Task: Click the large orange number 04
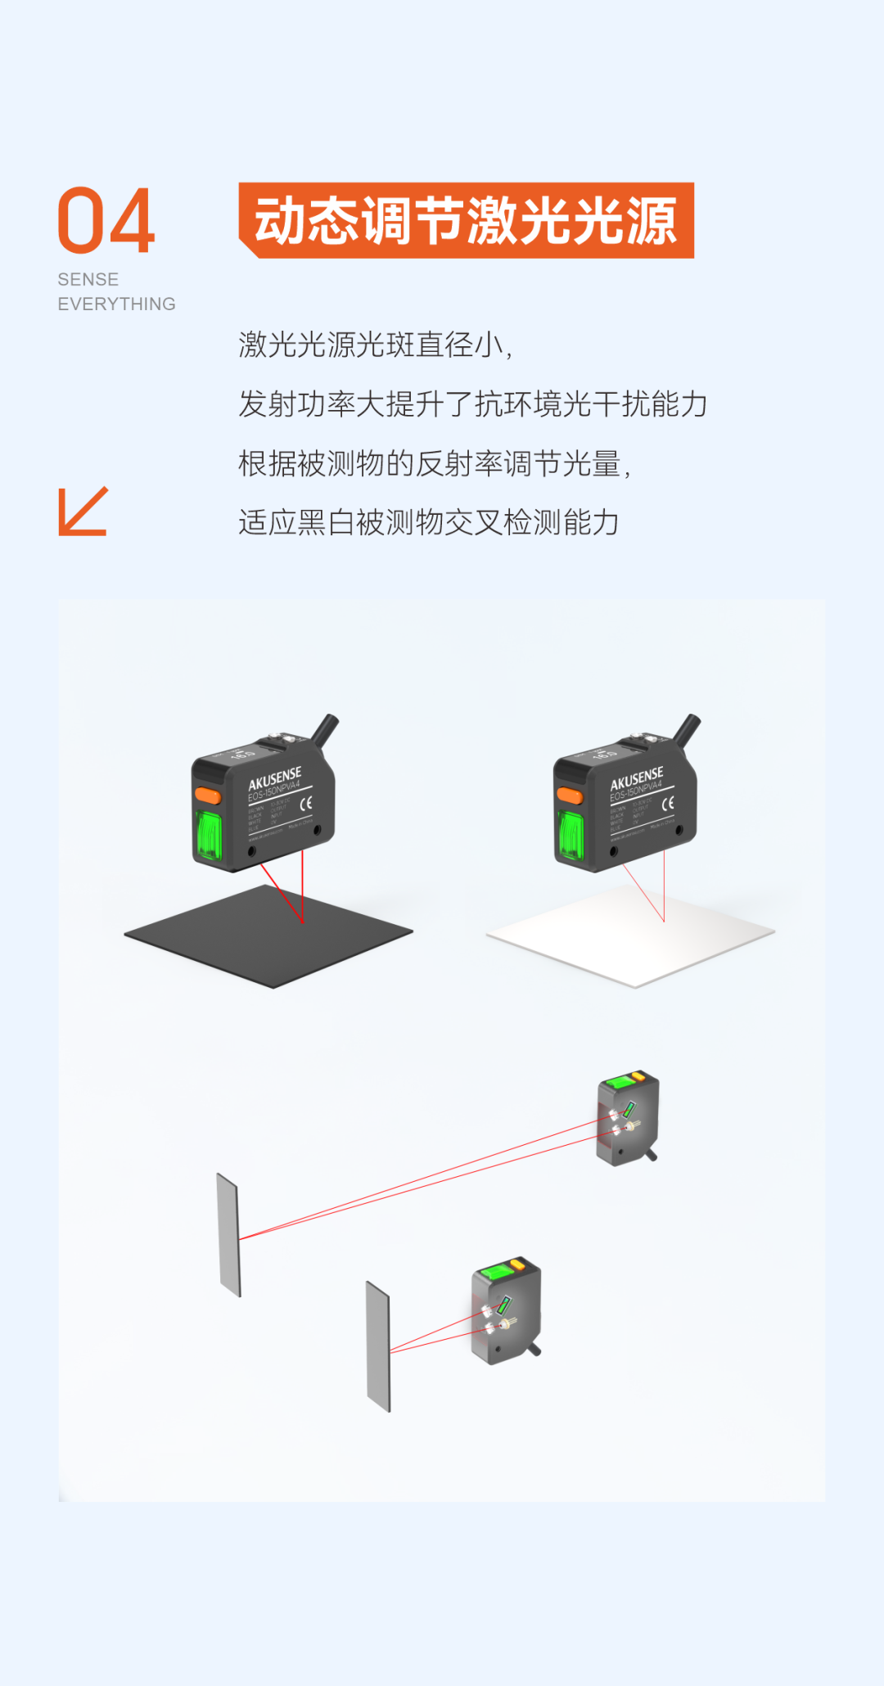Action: [106, 221]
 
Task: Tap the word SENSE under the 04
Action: [88, 280]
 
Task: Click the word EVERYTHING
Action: [116, 304]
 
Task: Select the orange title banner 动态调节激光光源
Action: [466, 221]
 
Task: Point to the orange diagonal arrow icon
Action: [83, 512]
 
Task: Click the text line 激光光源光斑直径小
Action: [375, 345]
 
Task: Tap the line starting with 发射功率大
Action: [472, 404]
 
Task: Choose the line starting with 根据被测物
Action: [434, 464]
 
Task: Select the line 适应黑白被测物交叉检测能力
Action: [428, 523]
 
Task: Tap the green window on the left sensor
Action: [210, 835]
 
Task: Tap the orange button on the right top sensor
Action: [570, 796]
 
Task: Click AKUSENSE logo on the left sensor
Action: [274, 778]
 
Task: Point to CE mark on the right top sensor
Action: [668, 803]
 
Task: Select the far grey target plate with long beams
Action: [228, 1235]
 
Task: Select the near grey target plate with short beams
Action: [378, 1346]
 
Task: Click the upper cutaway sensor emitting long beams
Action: [628, 1120]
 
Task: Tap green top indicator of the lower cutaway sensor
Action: [495, 1272]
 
